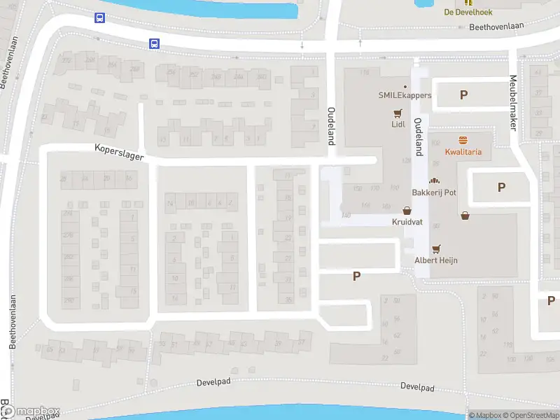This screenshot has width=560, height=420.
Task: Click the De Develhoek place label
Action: coord(468,12)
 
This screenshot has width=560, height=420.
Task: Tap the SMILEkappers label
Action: coord(405,95)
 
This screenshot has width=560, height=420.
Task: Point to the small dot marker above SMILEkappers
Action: coord(405,86)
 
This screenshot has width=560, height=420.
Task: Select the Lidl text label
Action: coord(398,125)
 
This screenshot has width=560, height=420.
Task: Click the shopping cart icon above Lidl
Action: coord(398,113)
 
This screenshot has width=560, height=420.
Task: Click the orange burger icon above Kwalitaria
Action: coord(463,139)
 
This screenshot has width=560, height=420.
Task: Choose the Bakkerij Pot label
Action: coord(434,191)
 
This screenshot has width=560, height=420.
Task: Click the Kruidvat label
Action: coord(407,221)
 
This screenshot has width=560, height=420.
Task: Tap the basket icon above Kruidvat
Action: coord(407,210)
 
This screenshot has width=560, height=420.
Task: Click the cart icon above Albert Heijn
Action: coord(437,248)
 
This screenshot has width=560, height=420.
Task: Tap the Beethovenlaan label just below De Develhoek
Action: coord(497,28)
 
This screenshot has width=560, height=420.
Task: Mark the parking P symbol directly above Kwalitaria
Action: coord(463,94)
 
